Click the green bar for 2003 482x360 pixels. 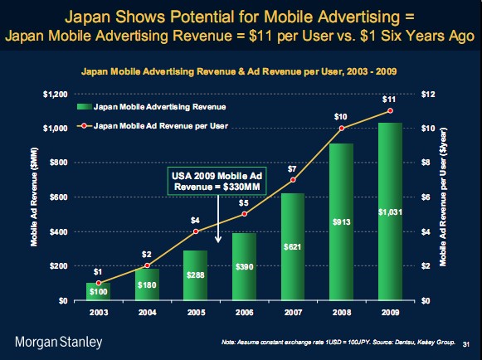tap(99, 291)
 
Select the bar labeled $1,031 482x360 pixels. tap(390, 212)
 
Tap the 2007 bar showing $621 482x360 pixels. tap(293, 247)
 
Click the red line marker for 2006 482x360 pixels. tap(245, 214)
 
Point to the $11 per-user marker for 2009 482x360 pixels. tap(390, 110)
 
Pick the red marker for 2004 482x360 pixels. tap(147, 265)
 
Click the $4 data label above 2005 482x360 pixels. tap(195, 221)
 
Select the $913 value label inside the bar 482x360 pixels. tap(342, 222)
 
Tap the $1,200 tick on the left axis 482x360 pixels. tap(56, 94)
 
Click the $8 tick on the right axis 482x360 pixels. tap(426, 163)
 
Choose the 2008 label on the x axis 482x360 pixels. tap(342, 313)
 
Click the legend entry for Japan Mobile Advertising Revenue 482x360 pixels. tap(151, 107)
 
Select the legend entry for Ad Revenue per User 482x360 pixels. tap(153, 126)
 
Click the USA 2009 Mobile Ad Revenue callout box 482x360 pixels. tap(217, 181)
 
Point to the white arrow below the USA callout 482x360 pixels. tap(218, 219)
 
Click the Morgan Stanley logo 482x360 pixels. tap(58, 343)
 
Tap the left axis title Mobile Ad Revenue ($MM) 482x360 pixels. tap(34, 197)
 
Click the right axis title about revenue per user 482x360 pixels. tap(443, 197)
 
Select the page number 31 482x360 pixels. tap(466, 344)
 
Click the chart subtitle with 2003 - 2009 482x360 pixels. tap(239, 71)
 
